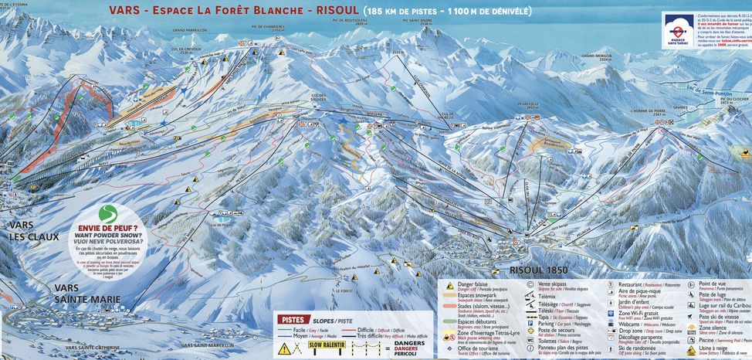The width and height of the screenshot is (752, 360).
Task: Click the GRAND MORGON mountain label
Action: pos(596,56)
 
